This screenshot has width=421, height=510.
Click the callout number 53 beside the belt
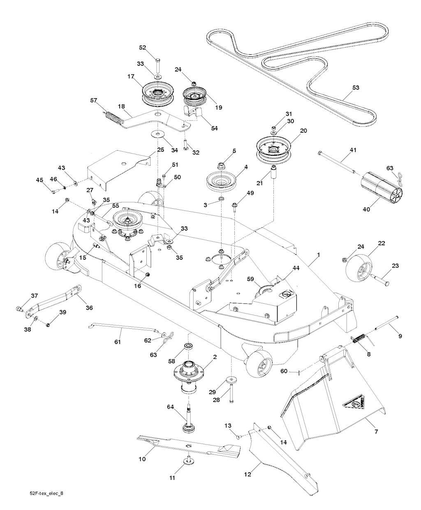356,88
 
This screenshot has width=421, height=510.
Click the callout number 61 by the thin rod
117,342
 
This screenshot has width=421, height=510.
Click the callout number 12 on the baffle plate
248,474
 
